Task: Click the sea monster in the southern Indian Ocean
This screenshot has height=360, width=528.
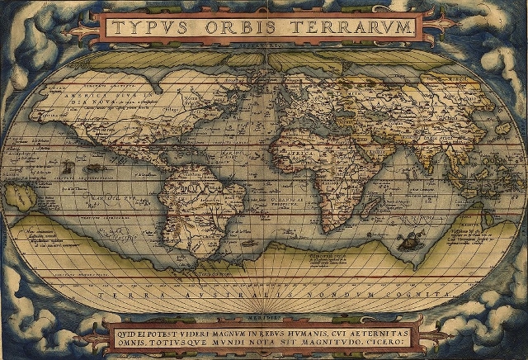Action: pos(405,240)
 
